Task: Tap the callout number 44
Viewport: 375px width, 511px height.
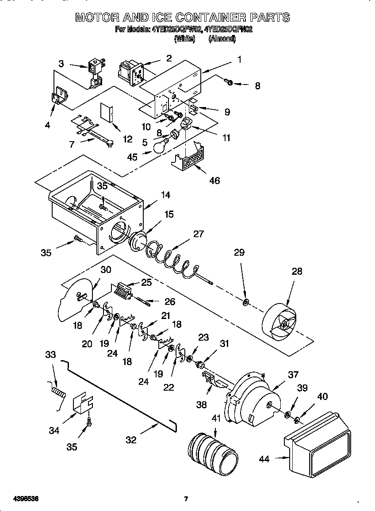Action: [x=264, y=459]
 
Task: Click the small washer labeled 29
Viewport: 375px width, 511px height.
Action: [x=246, y=303]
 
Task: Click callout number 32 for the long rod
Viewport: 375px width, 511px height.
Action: [x=131, y=440]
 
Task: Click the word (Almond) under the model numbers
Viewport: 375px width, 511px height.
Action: [x=222, y=38]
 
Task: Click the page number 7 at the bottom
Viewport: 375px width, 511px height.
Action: [x=186, y=499]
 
